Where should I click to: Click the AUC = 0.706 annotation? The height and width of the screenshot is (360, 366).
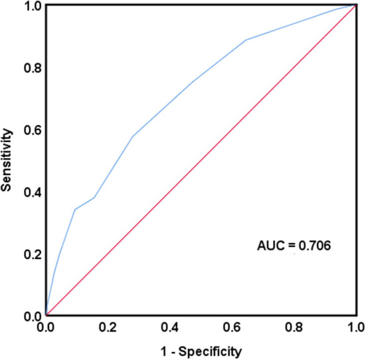[x=294, y=245]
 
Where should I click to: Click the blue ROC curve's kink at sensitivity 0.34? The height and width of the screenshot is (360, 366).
[x=75, y=209]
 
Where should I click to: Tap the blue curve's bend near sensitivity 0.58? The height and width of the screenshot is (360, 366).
[x=133, y=136]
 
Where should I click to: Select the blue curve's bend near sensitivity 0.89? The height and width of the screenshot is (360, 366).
[x=246, y=40]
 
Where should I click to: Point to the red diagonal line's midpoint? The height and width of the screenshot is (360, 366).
[x=201, y=160]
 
